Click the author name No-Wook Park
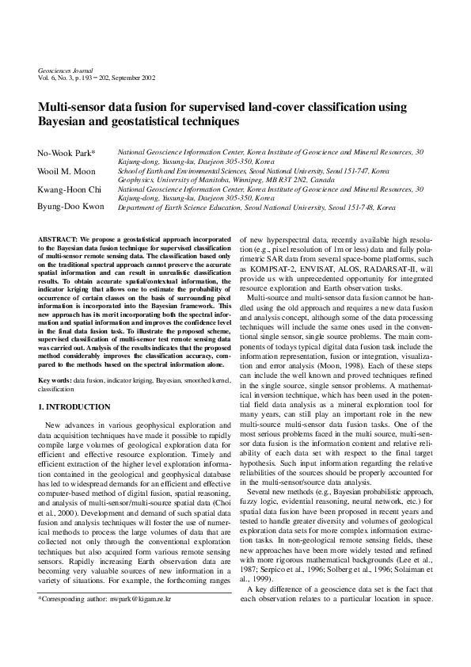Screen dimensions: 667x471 pyautogui.click(x=65, y=152)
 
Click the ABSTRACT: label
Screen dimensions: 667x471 pyautogui.click(x=56, y=238)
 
